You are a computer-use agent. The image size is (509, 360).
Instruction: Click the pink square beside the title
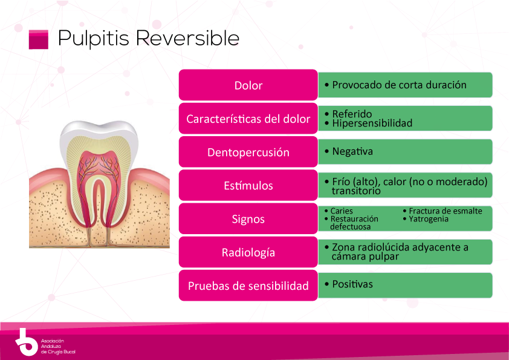[x=38, y=39]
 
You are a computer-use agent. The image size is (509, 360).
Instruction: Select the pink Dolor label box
[x=248, y=85]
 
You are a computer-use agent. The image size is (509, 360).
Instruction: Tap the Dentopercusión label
[x=248, y=152]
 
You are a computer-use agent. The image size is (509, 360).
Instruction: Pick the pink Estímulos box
[x=248, y=186]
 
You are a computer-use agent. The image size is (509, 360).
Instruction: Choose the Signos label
[x=248, y=219]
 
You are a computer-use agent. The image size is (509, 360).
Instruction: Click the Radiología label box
[x=248, y=252]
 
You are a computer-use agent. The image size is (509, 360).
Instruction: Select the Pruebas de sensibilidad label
[x=248, y=286]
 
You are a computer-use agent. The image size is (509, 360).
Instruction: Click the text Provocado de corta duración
[x=399, y=85]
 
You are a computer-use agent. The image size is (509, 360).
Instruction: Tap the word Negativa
[x=352, y=151]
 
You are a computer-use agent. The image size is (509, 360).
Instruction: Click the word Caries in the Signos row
[x=342, y=211]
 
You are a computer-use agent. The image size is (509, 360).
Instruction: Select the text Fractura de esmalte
[x=445, y=211]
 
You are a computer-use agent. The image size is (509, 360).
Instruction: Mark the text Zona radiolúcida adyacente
[x=400, y=247]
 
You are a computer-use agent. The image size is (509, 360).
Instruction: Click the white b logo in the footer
[x=25, y=342]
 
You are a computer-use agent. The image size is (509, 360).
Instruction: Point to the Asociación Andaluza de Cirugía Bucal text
[x=57, y=346]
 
